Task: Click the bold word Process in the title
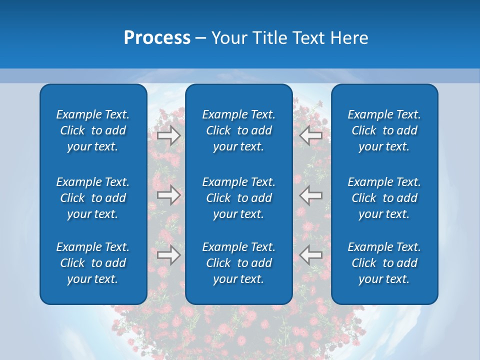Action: point(157,38)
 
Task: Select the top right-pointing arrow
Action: point(168,135)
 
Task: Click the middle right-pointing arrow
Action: point(168,195)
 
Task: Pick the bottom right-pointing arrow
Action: point(168,255)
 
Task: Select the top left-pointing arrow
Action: point(310,135)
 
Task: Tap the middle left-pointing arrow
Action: point(310,195)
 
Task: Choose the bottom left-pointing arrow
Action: point(310,255)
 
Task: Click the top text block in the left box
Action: point(93,130)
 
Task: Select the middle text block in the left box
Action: point(93,198)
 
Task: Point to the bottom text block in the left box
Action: point(93,263)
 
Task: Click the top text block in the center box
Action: point(238,130)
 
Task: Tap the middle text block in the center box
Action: point(238,198)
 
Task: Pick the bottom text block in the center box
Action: point(238,263)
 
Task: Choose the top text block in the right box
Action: point(384,130)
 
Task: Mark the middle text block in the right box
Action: point(384,198)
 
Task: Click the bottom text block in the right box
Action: point(384,263)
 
